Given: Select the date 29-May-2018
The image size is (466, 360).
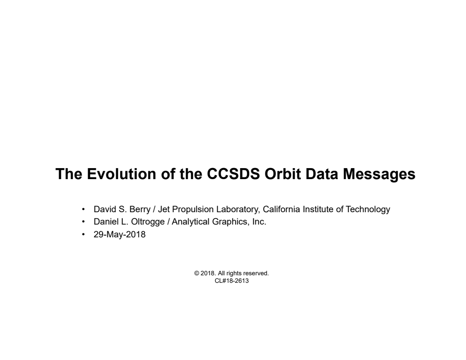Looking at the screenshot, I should (x=120, y=234).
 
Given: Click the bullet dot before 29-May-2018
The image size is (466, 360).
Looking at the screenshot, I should (x=84, y=234).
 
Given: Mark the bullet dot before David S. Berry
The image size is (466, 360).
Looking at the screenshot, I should (x=84, y=210).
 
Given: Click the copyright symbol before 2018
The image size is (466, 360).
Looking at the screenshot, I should (x=197, y=274).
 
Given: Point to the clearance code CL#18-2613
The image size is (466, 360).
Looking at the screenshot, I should (x=232, y=281).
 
